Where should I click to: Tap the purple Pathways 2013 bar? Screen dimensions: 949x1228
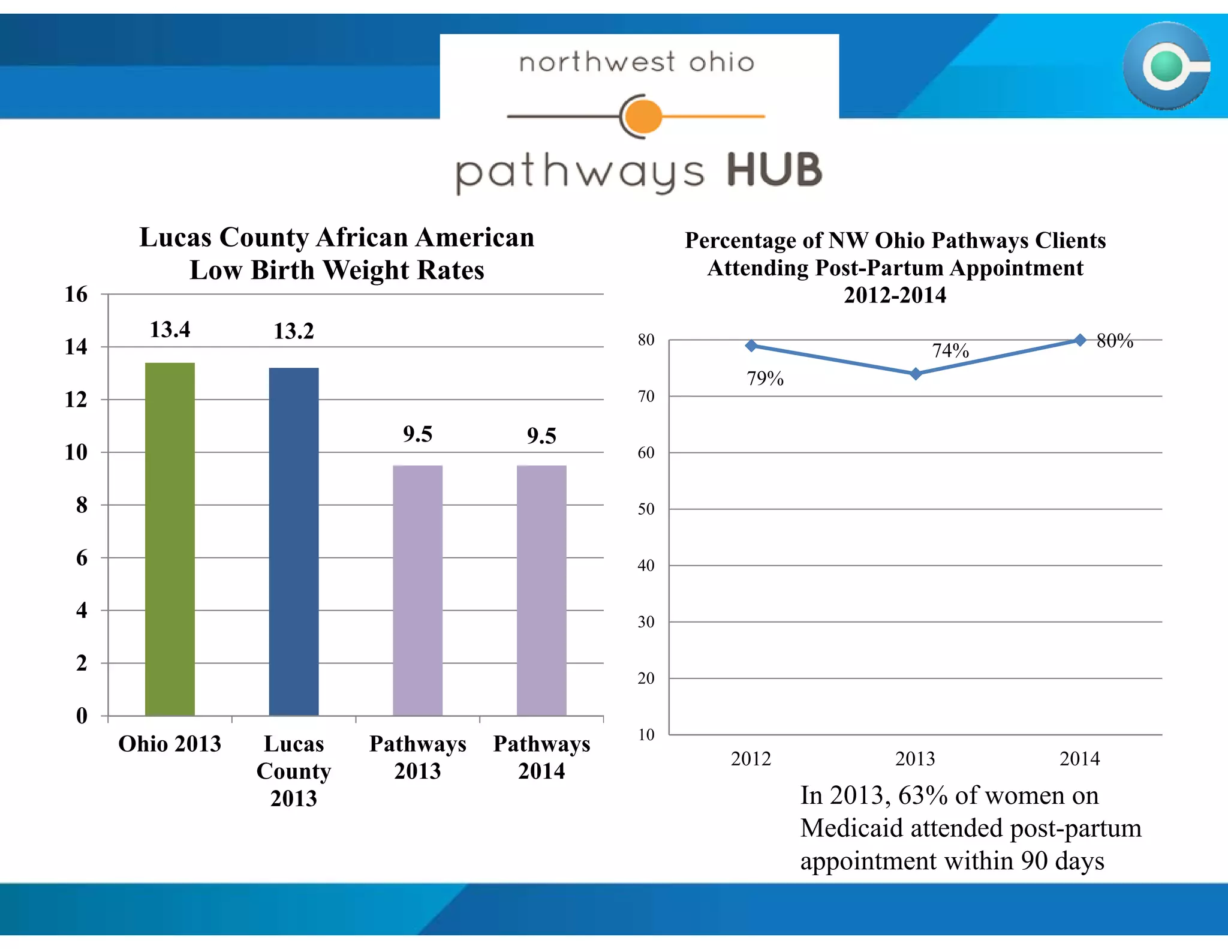point(417,590)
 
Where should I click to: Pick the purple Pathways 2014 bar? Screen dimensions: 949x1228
point(541,590)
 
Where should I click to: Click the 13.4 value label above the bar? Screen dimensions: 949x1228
point(170,329)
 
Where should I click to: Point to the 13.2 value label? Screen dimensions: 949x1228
point(294,331)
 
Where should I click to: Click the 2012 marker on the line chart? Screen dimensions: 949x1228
point(751,346)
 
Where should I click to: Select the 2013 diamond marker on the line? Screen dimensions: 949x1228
point(916,374)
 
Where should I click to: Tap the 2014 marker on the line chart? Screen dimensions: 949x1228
point(1080,340)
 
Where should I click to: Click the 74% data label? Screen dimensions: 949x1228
point(950,350)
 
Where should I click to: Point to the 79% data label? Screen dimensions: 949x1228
point(765,379)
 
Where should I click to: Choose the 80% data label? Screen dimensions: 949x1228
point(1115,341)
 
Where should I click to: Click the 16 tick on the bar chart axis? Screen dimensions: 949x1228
point(76,294)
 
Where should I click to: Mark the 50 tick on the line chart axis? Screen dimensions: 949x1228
point(646,509)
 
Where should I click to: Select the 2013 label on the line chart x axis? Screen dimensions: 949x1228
point(915,759)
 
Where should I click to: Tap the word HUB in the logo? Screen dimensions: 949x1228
point(774,170)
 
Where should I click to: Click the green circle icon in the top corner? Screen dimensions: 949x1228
point(1166,66)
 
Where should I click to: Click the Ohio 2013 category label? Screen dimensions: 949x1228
point(170,744)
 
